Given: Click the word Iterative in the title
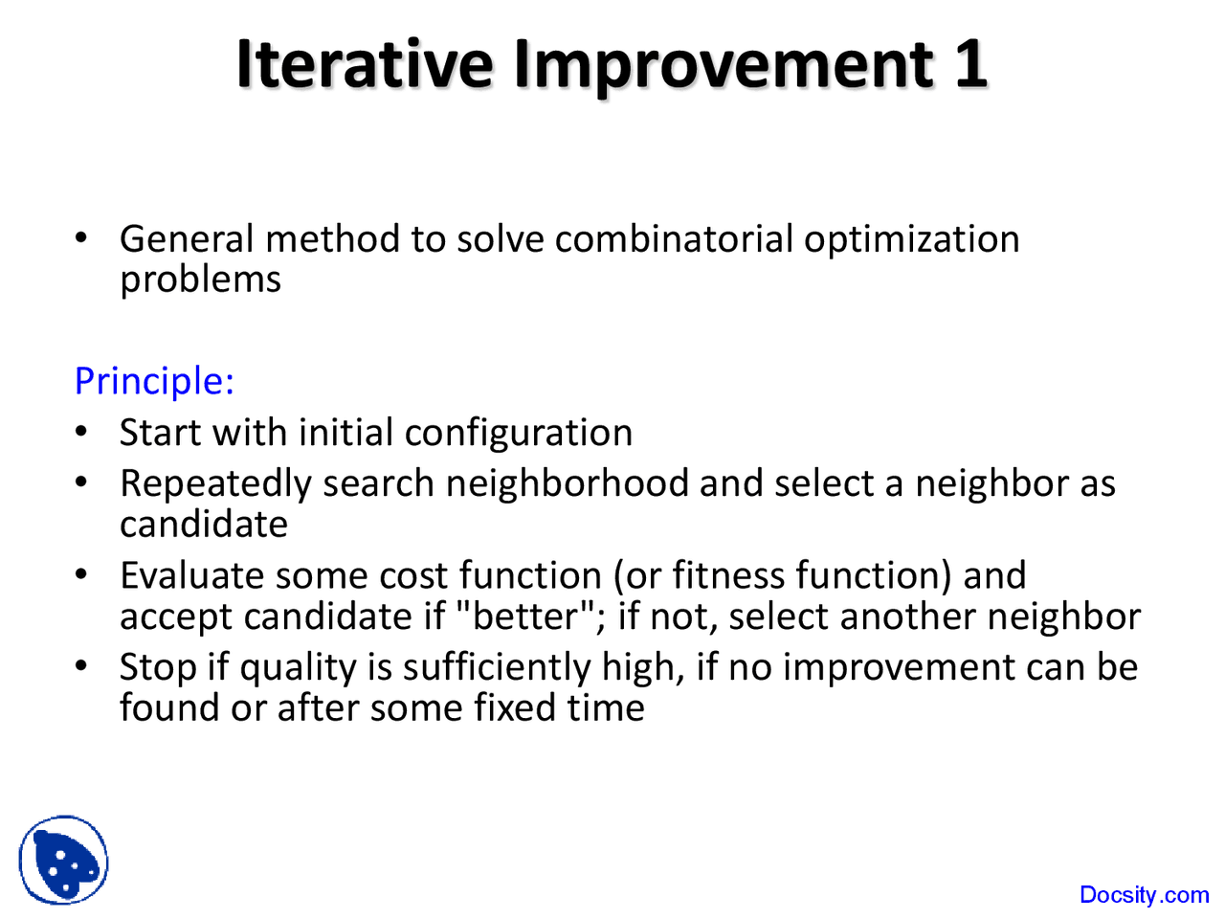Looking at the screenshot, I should click(365, 65).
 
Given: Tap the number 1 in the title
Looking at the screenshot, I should click(969, 65).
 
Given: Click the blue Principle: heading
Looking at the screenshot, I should click(154, 381).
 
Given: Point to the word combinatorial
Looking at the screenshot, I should click(674, 239).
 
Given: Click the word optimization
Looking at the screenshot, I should click(911, 239).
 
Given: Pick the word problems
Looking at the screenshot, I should click(200, 280).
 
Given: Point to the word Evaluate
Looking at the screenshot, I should click(191, 575).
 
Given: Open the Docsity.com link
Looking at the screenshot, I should click(1144, 895).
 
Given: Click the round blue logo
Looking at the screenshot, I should click(63, 861).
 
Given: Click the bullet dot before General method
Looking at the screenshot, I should click(83, 238).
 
